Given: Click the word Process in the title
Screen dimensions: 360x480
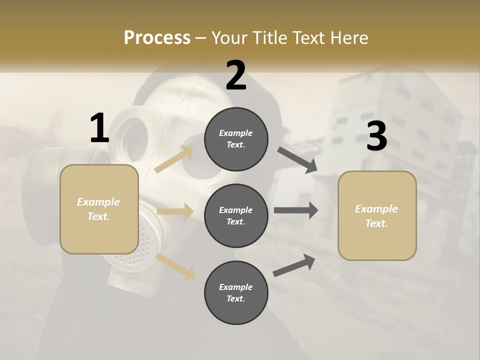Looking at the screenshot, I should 157,37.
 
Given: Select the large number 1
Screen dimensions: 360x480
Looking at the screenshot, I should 99,128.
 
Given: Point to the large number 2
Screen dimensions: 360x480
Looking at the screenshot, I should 236,75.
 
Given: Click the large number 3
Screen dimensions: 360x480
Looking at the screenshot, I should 376,136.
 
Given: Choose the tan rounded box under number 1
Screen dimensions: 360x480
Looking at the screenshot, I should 99,209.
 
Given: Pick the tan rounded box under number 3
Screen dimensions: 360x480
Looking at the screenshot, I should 377,216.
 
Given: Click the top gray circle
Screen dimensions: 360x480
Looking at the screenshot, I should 236,139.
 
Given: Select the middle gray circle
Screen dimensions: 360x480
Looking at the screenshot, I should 236,216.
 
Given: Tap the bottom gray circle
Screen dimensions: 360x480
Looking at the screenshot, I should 236,293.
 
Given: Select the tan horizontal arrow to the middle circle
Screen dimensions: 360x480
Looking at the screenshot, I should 175,211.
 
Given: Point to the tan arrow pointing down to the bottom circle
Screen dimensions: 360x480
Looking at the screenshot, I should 175,266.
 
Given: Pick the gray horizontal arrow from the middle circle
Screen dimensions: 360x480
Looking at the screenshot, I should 295,210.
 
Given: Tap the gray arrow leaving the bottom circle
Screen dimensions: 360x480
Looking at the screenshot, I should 294,265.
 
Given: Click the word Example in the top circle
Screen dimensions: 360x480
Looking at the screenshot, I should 236,133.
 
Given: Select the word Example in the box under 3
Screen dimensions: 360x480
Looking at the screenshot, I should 376,209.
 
